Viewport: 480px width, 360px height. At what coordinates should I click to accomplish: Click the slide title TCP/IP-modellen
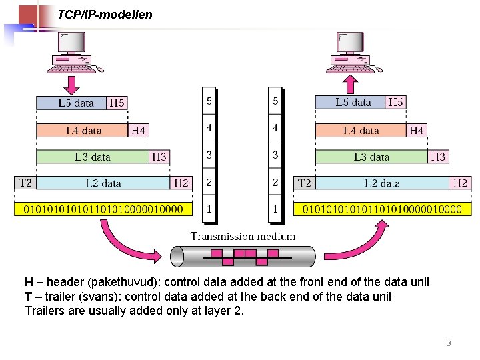[x=105, y=14]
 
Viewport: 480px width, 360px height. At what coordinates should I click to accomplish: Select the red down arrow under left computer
[x=71, y=84]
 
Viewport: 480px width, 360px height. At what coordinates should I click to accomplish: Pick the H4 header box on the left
[x=138, y=130]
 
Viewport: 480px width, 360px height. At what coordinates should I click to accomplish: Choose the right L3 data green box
[x=371, y=157]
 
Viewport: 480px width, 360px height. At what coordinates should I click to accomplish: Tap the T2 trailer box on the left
[x=25, y=183]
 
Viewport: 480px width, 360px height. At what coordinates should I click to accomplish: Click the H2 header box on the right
[x=461, y=183]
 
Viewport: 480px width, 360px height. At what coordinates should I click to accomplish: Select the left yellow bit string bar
[x=103, y=209]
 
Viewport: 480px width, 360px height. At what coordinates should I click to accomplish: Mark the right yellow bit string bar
[x=382, y=209]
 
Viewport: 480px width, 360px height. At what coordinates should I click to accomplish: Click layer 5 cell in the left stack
[x=209, y=102]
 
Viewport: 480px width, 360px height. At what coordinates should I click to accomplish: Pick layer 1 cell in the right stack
[x=275, y=209]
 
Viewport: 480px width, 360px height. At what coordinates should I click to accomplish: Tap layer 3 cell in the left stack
[x=209, y=155]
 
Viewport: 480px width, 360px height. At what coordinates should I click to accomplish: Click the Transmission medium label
[x=243, y=236]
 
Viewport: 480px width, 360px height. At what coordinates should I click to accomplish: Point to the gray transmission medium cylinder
[x=242, y=256]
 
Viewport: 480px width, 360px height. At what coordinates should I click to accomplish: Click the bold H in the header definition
[x=29, y=282]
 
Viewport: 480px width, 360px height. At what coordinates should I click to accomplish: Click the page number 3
[x=449, y=344]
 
